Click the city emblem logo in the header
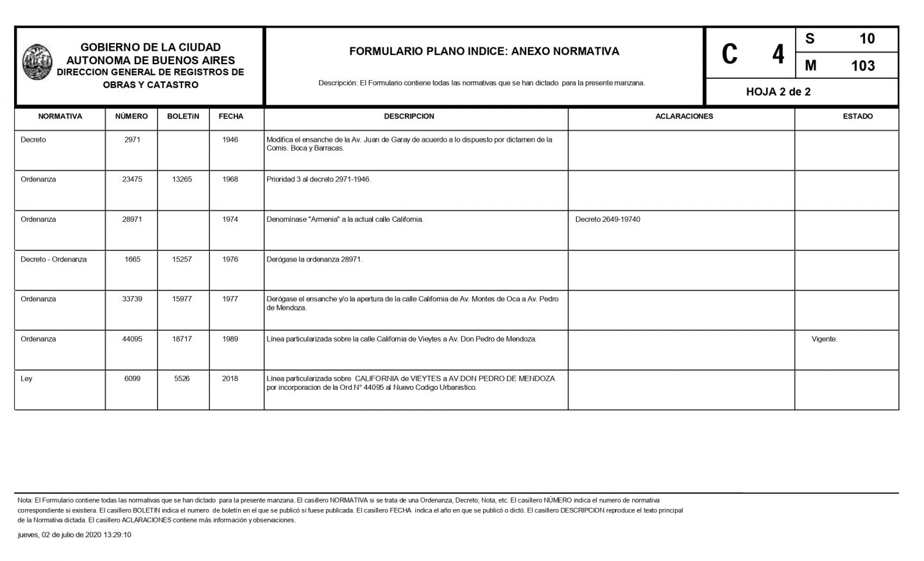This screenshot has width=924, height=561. [x=37, y=62]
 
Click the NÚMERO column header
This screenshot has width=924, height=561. [x=132, y=117]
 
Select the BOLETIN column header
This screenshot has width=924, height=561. [x=183, y=117]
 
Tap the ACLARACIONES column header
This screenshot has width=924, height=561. [x=684, y=117]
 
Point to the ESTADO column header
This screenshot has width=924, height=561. [x=857, y=117]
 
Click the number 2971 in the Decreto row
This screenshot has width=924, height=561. [x=132, y=140]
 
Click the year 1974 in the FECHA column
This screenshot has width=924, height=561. [x=230, y=219]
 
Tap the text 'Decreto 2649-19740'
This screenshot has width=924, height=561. [x=608, y=219]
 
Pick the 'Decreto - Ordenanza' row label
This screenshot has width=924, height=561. [x=53, y=260]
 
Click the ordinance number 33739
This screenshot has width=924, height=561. [x=132, y=299]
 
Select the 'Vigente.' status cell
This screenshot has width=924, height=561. [x=824, y=339]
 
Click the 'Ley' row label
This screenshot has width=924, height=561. [x=26, y=379]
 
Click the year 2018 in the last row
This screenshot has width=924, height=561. [x=230, y=379]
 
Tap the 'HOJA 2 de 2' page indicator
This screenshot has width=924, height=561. [x=778, y=92]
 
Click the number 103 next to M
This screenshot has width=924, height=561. [x=862, y=66]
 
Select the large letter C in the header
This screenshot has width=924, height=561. [x=730, y=54]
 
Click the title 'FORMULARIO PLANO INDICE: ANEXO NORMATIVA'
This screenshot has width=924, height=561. [x=484, y=51]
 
